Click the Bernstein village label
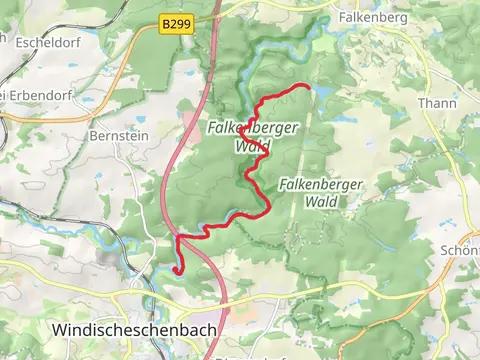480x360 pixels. (x=119, y=135)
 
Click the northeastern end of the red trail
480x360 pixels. (x=311, y=88)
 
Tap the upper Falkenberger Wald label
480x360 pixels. (x=241, y=136)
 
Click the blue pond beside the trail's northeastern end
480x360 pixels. (x=325, y=92)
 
